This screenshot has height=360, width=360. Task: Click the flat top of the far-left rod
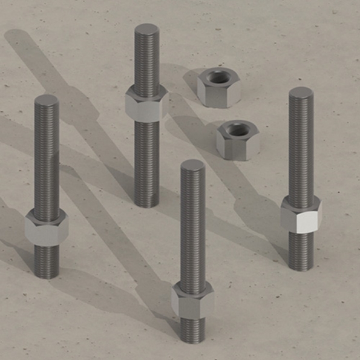point(47,100)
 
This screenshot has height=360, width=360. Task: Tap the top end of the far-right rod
point(301,93)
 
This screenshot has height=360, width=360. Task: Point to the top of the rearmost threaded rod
point(146,30)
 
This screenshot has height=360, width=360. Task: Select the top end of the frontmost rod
point(192,166)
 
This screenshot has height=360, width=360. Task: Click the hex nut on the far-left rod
point(46,227)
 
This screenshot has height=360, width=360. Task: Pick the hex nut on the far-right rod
point(301,215)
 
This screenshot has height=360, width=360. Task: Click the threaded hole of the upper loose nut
point(217,77)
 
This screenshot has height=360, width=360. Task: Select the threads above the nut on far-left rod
point(47,157)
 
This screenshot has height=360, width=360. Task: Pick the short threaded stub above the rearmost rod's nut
point(146,61)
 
